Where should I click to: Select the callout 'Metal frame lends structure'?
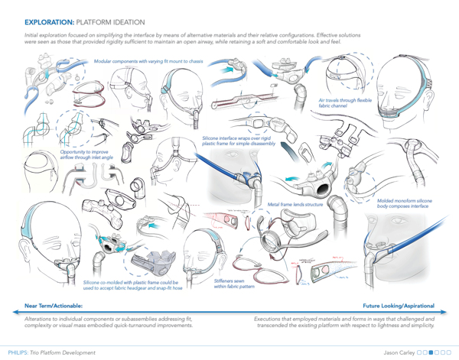point(295,204)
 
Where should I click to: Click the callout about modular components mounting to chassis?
point(142,60)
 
